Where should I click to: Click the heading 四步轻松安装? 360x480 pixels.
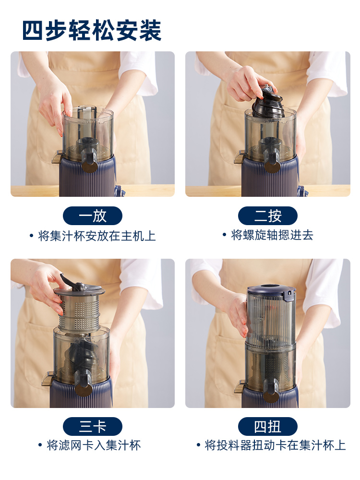tap(92, 30)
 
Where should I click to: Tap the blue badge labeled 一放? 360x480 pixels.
tap(93, 216)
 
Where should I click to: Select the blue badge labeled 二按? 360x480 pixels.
tap(268, 216)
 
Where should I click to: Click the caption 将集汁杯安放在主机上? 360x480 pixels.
tap(93, 236)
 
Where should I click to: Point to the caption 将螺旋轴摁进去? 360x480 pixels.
tap(268, 235)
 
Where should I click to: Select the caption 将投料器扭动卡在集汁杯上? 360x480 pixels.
tap(271, 445)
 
